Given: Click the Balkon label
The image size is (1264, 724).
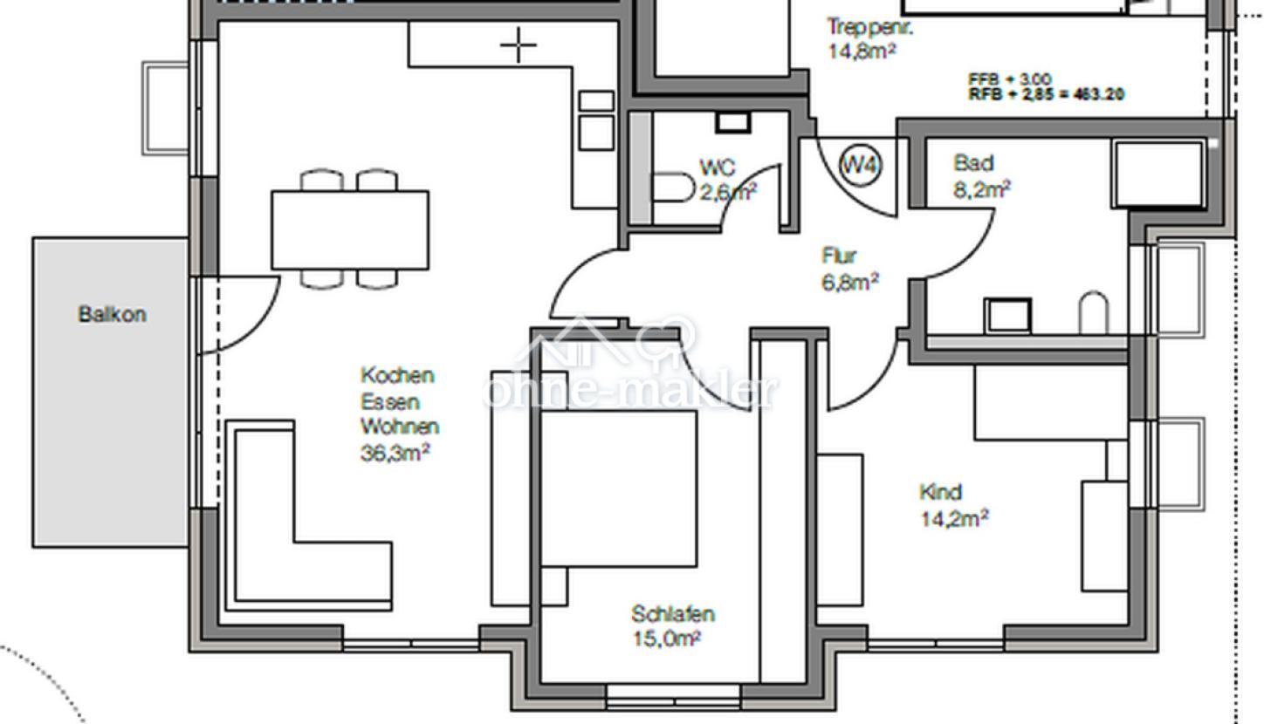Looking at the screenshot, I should [x=112, y=314].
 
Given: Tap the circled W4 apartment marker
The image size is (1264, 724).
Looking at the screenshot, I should [x=861, y=166].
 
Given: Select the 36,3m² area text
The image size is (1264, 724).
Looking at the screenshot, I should [x=395, y=453].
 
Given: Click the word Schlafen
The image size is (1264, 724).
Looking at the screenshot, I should [x=673, y=614].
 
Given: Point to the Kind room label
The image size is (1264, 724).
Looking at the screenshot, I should [x=941, y=492].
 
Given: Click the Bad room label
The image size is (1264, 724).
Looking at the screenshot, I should [x=973, y=163].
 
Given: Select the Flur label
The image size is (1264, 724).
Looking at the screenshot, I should [x=839, y=256].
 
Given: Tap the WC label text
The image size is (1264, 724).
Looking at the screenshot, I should [x=717, y=167].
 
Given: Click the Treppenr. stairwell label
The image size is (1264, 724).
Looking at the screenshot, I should [x=870, y=27].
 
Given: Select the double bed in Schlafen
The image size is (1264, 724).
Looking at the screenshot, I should [x=618, y=488].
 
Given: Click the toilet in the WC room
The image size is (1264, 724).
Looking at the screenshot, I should [x=672, y=188].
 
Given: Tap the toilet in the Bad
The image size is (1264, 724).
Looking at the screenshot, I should [x=1093, y=314].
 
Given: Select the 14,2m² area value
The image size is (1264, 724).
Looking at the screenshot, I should [x=954, y=519].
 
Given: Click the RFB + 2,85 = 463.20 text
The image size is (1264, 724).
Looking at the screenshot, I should [x=1046, y=94].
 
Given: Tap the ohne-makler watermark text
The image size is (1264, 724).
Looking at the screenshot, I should [x=629, y=391].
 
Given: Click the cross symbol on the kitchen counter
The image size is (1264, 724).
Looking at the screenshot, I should [x=519, y=45].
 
